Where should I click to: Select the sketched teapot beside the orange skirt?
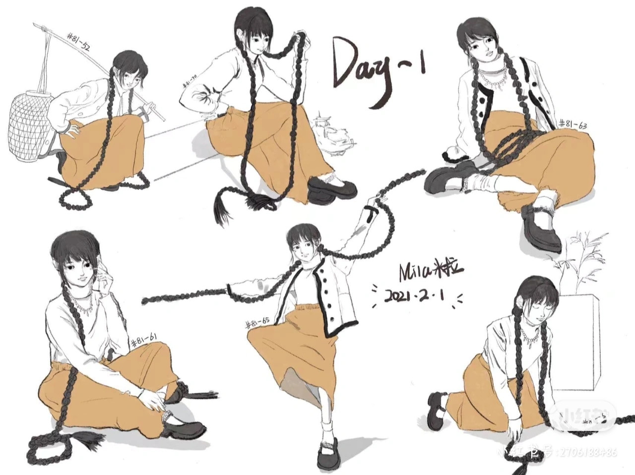(333, 131)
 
